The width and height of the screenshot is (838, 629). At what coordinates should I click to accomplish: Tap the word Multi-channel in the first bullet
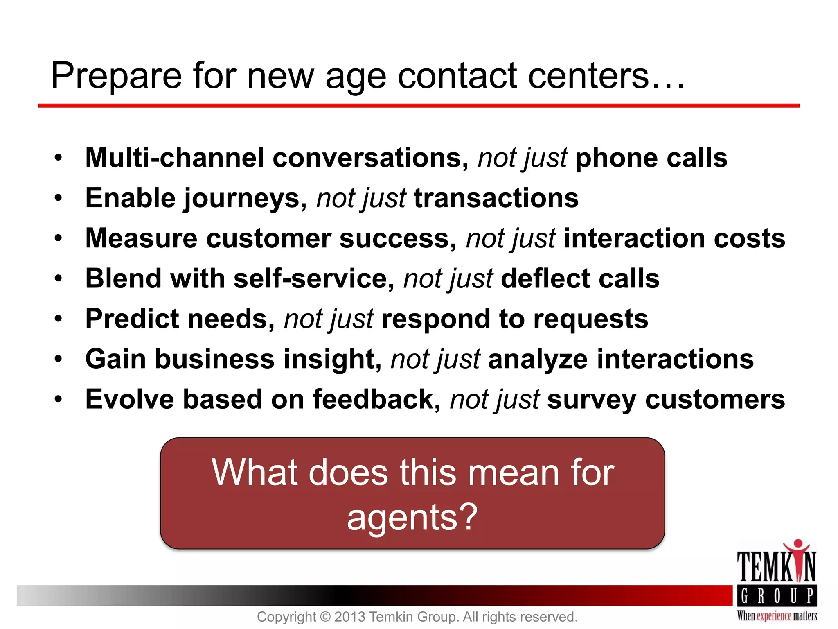tap(175, 158)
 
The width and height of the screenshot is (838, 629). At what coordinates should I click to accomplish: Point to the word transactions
tap(496, 198)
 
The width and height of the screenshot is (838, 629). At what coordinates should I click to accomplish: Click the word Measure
tap(141, 238)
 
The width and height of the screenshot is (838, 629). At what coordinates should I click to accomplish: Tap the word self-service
tap(310, 279)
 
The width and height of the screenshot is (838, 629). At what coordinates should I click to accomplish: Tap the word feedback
tap(373, 399)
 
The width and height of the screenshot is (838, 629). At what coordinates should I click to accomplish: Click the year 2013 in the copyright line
tap(350, 617)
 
